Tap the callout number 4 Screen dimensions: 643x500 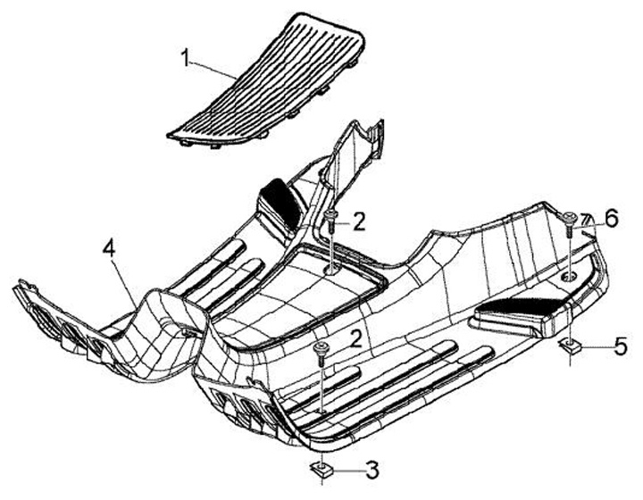coord(109,249)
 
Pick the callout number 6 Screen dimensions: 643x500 coord(611,217)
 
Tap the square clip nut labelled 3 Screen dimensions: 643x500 coord(319,468)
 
